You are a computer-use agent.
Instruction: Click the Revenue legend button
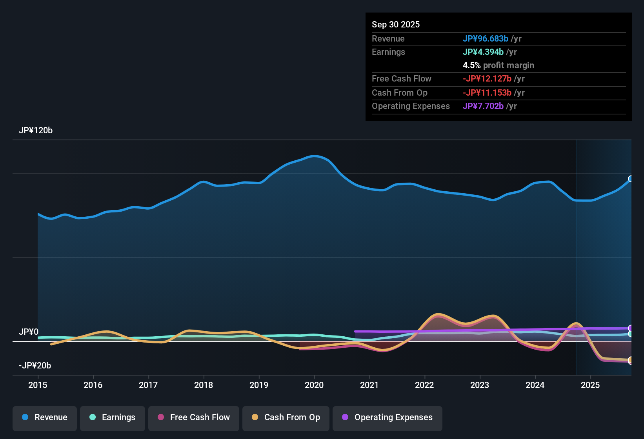tap(45, 417)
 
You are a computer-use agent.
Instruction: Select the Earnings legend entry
tap(113, 417)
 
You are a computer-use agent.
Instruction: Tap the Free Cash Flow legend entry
tap(194, 417)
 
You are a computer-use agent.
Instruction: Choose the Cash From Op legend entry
tap(286, 417)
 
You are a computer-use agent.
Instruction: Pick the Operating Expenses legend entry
tap(387, 417)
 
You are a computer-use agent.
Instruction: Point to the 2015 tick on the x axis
tap(38, 385)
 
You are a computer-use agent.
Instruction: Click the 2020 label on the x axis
tap(314, 385)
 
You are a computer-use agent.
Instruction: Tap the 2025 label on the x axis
tap(590, 385)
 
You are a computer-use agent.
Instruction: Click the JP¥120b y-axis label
tap(36, 131)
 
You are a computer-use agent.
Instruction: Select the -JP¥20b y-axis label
tap(35, 366)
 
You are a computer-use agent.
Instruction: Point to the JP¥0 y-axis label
tap(29, 332)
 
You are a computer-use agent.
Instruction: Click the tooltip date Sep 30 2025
tap(396, 25)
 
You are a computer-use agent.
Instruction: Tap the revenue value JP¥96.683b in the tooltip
tap(486, 39)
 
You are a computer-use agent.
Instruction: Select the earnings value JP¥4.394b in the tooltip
tap(483, 52)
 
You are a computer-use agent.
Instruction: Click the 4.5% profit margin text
tap(498, 65)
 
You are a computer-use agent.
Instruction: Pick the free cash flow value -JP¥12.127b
tap(487, 79)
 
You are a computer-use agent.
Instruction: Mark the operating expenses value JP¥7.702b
tap(483, 106)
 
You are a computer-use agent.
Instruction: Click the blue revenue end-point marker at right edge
tap(631, 179)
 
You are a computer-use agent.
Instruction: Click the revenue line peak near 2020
tap(314, 156)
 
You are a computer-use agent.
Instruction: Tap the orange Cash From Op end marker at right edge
tap(631, 360)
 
